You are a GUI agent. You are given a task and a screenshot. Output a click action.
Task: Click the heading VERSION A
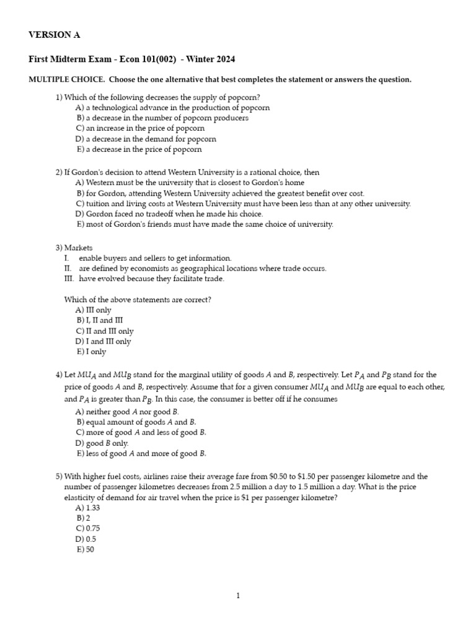click(55, 35)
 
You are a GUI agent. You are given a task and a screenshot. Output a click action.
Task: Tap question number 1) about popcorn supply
click(59, 97)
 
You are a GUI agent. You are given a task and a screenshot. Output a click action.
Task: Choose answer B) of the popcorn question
click(162, 118)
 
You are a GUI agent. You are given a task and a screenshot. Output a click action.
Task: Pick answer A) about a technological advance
click(172, 108)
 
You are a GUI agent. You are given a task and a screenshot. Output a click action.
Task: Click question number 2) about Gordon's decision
click(59, 172)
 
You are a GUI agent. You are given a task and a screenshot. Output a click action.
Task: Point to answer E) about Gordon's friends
click(204, 224)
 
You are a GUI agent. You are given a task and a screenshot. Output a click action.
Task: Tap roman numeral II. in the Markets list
click(68, 268)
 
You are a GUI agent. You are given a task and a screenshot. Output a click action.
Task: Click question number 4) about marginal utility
click(59, 375)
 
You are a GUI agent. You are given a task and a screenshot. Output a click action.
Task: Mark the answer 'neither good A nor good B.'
click(127, 412)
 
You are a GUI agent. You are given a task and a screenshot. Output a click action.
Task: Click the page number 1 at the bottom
click(238, 596)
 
